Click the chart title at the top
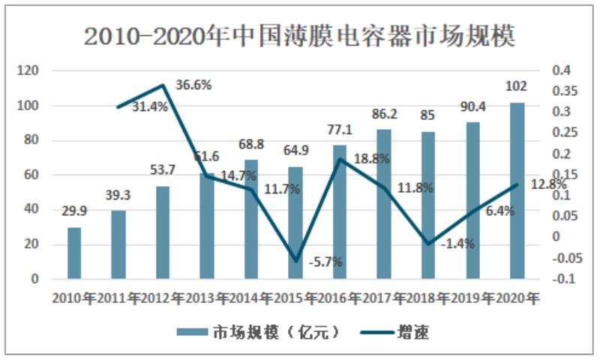tap(300, 36)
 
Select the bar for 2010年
tap(73, 252)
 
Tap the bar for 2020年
tap(517, 190)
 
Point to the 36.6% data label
tap(193, 85)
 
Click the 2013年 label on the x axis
tap(207, 298)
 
